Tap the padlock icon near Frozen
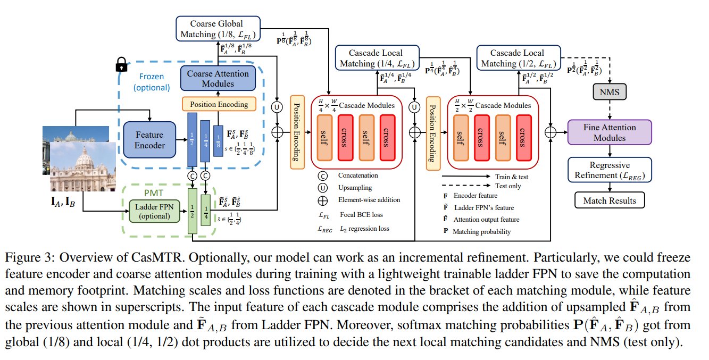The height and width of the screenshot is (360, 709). click(122, 65)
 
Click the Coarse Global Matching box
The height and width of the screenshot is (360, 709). click(216, 28)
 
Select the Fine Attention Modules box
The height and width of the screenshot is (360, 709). click(610, 132)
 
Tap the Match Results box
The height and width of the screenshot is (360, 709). click(610, 200)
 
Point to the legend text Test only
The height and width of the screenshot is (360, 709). click(508, 186)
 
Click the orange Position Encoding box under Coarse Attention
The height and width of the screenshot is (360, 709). click(219, 104)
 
